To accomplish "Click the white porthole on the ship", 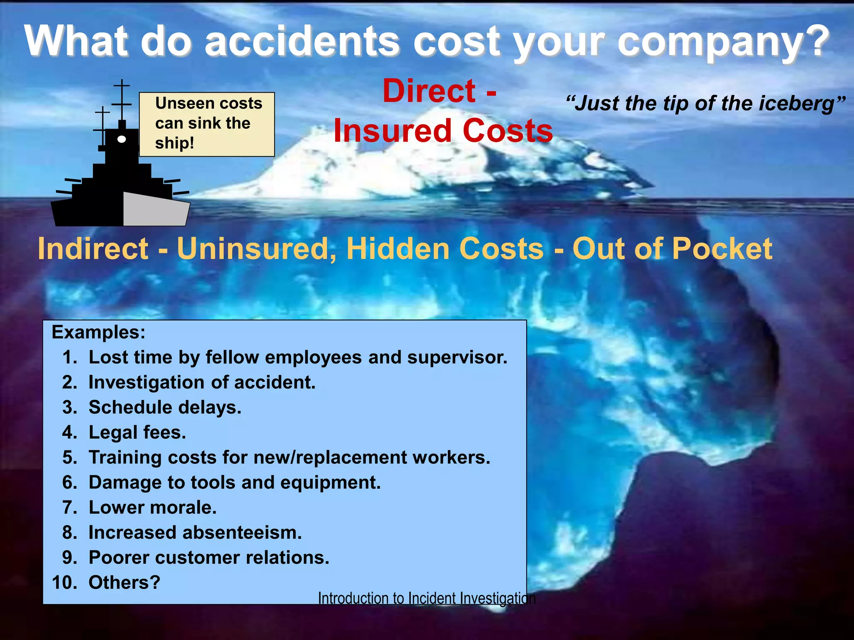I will [122, 139].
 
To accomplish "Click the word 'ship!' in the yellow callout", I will [174, 143].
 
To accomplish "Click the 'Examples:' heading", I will [98, 332].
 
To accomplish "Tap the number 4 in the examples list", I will [69, 432].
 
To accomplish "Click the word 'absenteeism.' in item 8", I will [242, 532].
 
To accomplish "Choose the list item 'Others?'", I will [124, 582].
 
